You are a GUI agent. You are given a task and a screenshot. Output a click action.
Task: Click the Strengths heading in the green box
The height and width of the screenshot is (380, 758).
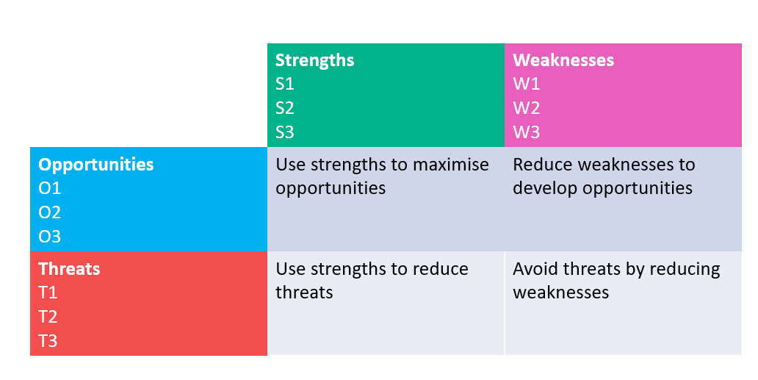314,60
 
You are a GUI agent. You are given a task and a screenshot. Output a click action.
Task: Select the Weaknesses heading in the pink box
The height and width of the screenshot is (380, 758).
563,60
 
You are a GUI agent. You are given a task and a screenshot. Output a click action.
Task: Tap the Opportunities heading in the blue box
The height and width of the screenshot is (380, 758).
96,165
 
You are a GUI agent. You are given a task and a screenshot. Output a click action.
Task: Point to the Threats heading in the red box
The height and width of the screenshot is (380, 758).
69,269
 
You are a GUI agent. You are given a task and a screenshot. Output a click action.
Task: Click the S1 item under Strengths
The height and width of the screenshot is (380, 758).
284,85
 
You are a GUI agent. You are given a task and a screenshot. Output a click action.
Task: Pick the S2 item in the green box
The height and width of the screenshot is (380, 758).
285,109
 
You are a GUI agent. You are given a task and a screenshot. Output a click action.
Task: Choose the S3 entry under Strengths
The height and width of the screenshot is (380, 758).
285,133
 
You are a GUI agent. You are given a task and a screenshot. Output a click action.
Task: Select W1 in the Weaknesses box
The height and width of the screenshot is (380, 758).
526,85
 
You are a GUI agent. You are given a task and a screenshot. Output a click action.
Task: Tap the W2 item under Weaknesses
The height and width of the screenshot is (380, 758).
527,109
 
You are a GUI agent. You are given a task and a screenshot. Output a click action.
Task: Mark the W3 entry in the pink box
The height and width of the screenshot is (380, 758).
527,133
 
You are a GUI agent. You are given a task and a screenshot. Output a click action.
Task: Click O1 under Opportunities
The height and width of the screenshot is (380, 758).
49,189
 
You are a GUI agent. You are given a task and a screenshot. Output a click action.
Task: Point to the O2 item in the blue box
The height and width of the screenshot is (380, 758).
49,213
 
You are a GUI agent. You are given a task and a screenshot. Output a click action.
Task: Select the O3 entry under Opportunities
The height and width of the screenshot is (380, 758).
49,237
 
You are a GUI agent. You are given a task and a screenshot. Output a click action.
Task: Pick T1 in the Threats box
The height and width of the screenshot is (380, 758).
48,293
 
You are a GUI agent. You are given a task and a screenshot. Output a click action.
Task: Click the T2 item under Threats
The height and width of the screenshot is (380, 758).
48,318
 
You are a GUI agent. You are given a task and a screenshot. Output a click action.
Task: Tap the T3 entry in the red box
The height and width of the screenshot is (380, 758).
48,342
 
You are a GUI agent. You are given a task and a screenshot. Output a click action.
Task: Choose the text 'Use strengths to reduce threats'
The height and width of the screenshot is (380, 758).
372,280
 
